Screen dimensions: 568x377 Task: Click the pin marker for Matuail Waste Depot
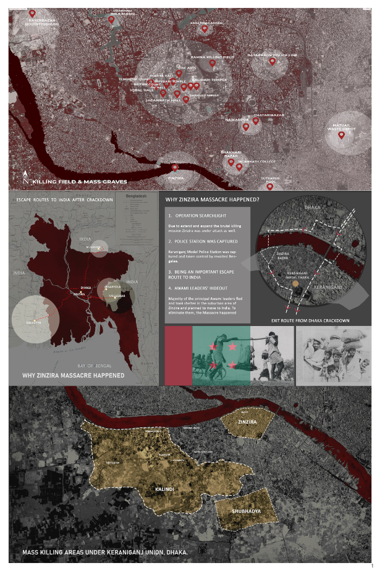341,134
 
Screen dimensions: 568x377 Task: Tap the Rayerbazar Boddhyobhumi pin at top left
32,12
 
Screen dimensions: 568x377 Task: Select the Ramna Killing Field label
212,57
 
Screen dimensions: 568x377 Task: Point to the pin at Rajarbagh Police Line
272,61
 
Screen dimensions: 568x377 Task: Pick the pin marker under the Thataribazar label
255,120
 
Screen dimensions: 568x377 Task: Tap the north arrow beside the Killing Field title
25,178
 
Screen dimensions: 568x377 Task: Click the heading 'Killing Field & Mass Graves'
80,182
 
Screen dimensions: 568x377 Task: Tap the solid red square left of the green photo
179,356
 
